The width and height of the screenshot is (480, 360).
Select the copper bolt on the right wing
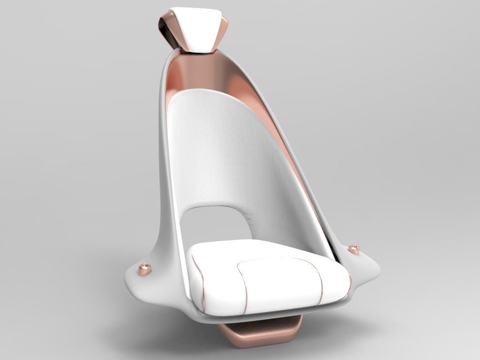[x=354, y=249]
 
